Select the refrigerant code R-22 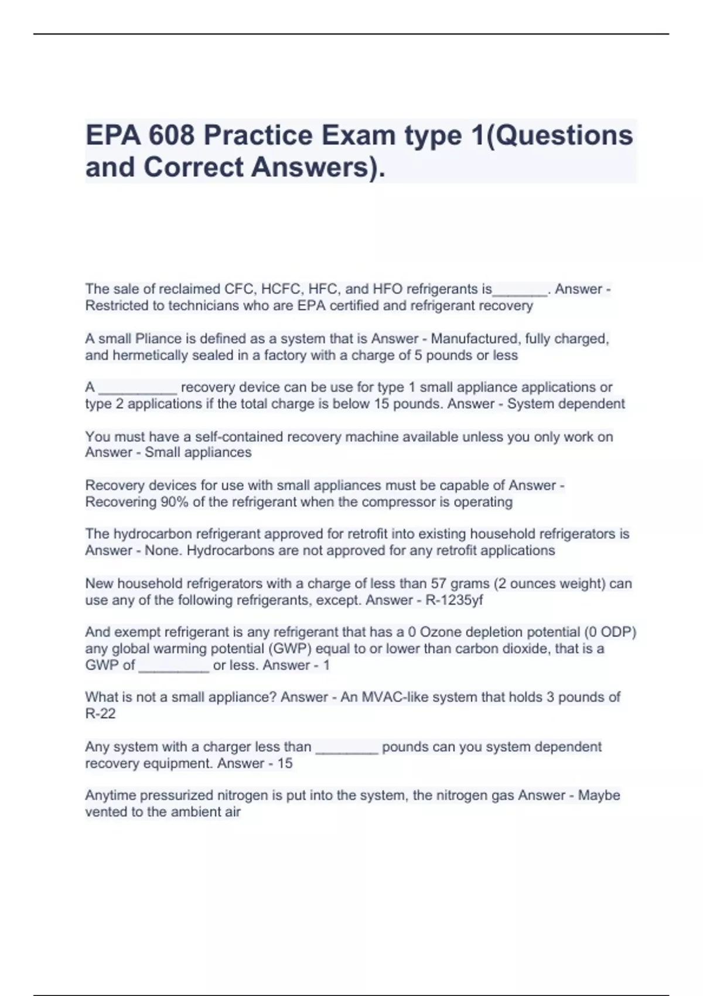[x=100, y=714]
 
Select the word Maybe [x=599, y=795]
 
